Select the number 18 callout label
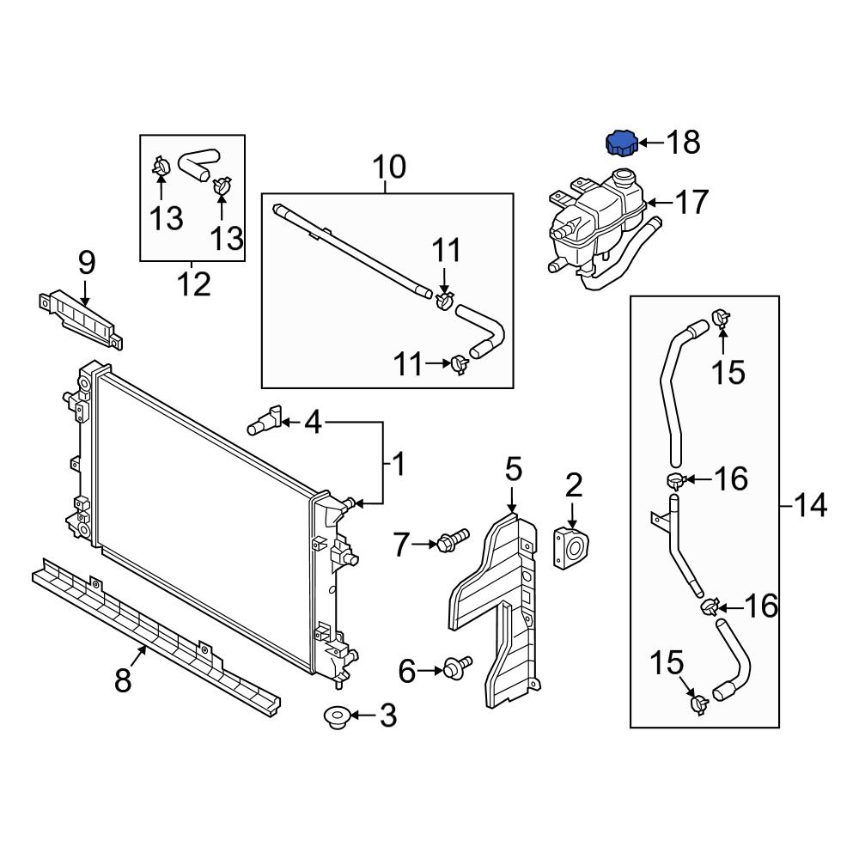684,143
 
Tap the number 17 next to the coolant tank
691,203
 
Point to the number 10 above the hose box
388,167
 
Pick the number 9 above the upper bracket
87,263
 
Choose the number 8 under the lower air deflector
124,681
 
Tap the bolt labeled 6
456,667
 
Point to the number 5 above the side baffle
513,470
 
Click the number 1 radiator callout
397,466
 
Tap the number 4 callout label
313,422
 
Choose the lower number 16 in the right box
761,606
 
